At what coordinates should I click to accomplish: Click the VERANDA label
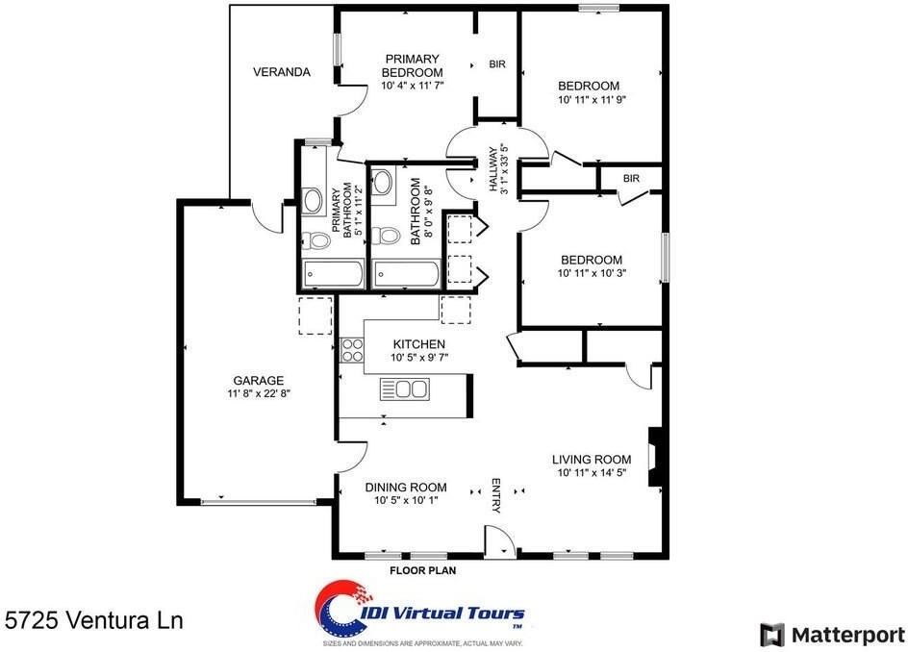pyautogui.click(x=282, y=72)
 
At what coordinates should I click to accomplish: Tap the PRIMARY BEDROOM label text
pyautogui.click(x=413, y=65)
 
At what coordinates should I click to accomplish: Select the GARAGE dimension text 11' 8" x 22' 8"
pyautogui.click(x=259, y=393)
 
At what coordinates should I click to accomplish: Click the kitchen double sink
pyautogui.click(x=405, y=389)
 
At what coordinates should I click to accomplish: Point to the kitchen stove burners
pyautogui.click(x=351, y=350)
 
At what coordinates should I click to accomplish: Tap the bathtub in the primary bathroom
pyautogui.click(x=333, y=274)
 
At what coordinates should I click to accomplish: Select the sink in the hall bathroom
pyautogui.click(x=382, y=183)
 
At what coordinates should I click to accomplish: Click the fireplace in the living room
pyautogui.click(x=655, y=457)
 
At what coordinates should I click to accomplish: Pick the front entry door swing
pyautogui.click(x=500, y=541)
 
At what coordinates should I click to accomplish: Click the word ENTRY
pyautogui.click(x=496, y=495)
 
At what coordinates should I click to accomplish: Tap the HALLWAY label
pyautogui.click(x=492, y=168)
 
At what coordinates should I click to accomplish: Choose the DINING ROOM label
pyautogui.click(x=405, y=487)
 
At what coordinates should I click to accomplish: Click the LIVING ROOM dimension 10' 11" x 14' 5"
pyautogui.click(x=592, y=472)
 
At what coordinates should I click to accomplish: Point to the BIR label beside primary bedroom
pyautogui.click(x=497, y=64)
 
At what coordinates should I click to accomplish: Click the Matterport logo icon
pyautogui.click(x=772, y=636)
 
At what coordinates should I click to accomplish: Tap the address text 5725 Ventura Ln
pyautogui.click(x=94, y=620)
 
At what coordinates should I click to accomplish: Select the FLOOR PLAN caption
pyautogui.click(x=422, y=570)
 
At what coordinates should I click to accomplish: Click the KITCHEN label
pyautogui.click(x=419, y=344)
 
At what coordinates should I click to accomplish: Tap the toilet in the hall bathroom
pyautogui.click(x=386, y=236)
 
